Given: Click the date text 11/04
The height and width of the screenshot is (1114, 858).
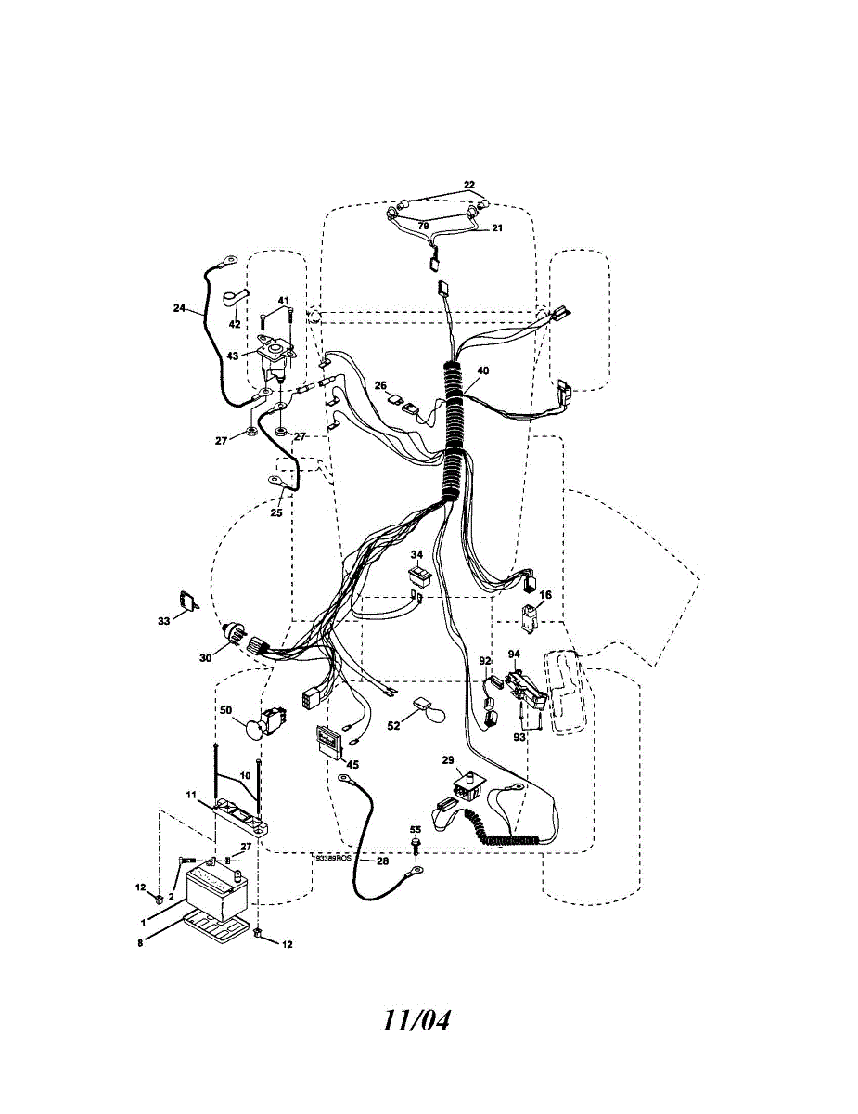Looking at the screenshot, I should (x=416, y=1020).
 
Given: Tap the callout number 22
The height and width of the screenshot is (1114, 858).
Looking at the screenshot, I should (x=469, y=185).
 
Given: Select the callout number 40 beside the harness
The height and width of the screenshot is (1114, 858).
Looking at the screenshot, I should (x=482, y=370).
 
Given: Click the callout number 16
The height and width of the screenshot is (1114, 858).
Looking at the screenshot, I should (x=545, y=594).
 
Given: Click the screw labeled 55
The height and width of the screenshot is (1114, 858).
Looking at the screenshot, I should (x=416, y=845).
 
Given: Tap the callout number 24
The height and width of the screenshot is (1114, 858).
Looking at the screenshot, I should (x=179, y=308).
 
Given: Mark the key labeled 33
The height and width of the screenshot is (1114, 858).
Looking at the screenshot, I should (x=189, y=601).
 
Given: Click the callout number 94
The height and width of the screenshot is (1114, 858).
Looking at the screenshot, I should (x=514, y=654).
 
